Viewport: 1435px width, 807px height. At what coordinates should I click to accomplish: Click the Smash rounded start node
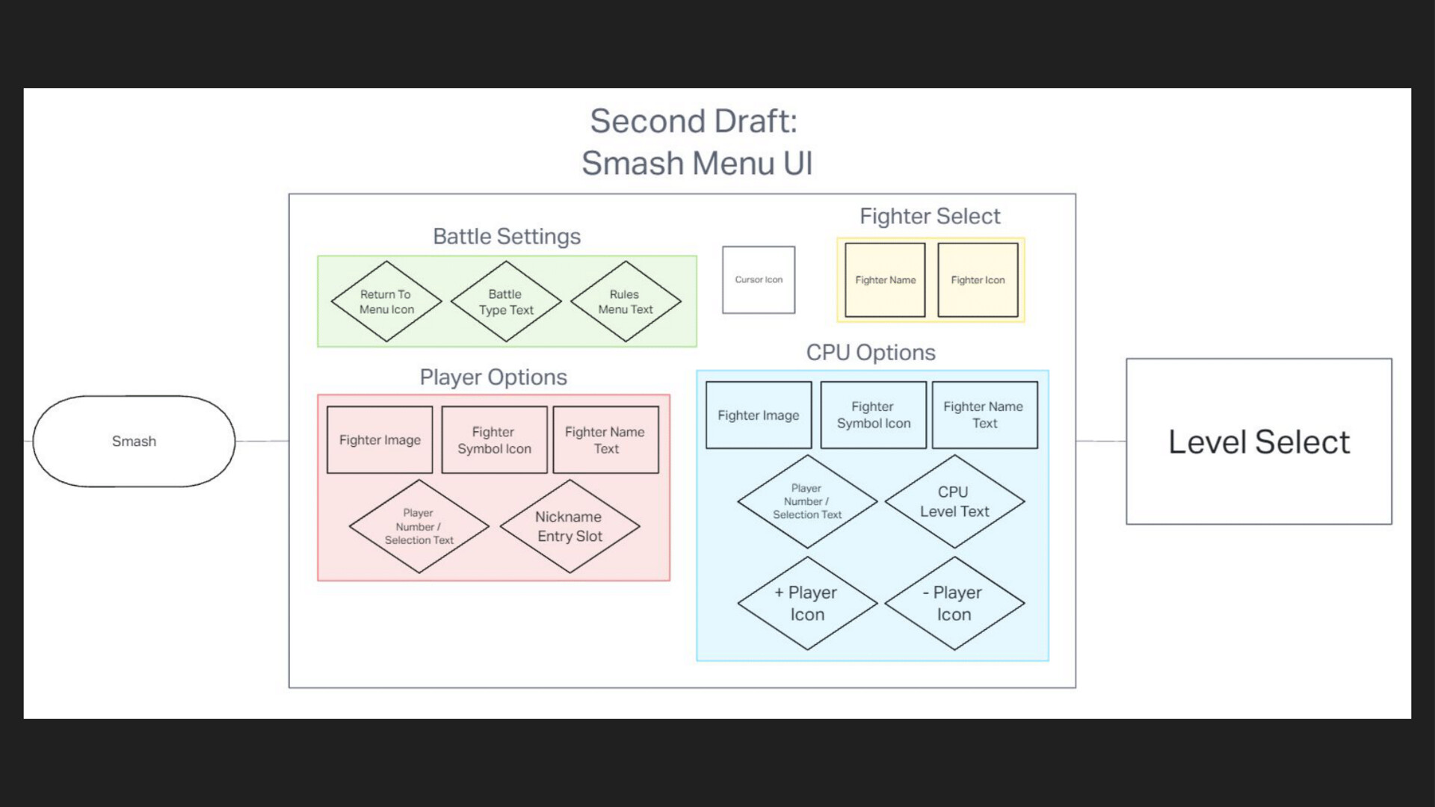coord(134,441)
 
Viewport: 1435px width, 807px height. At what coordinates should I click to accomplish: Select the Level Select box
coord(1259,442)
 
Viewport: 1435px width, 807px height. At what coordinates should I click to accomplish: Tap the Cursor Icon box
coord(759,279)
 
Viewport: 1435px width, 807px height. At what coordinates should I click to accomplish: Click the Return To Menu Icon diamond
coord(386,302)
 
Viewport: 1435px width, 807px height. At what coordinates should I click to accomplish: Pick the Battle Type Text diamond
coord(506,302)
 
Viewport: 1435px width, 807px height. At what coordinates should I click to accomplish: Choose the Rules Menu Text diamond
coord(626,302)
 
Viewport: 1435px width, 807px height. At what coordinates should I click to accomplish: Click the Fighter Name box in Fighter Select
coord(885,280)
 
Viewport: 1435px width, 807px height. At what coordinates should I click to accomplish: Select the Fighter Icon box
coord(978,280)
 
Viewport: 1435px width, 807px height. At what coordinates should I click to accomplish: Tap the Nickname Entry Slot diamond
coord(570,526)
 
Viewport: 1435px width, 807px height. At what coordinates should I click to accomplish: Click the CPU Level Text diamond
coord(954,501)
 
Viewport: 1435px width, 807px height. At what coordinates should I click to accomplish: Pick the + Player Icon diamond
coord(807,603)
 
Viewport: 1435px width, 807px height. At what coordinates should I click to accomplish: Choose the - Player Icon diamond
coord(954,603)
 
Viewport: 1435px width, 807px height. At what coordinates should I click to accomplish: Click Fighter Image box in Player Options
coord(380,440)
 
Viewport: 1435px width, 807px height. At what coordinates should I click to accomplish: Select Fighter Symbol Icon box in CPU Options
coord(873,415)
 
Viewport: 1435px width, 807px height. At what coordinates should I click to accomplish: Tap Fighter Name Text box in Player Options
coord(605,440)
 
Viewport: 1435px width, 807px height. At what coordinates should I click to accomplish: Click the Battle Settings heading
coord(507,236)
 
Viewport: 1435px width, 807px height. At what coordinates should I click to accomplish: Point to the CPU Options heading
coord(871,352)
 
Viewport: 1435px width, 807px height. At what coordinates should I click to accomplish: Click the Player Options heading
coord(493,377)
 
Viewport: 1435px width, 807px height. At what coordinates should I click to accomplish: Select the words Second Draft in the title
coord(693,121)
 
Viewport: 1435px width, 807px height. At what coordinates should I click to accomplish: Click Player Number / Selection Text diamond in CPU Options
coord(807,501)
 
